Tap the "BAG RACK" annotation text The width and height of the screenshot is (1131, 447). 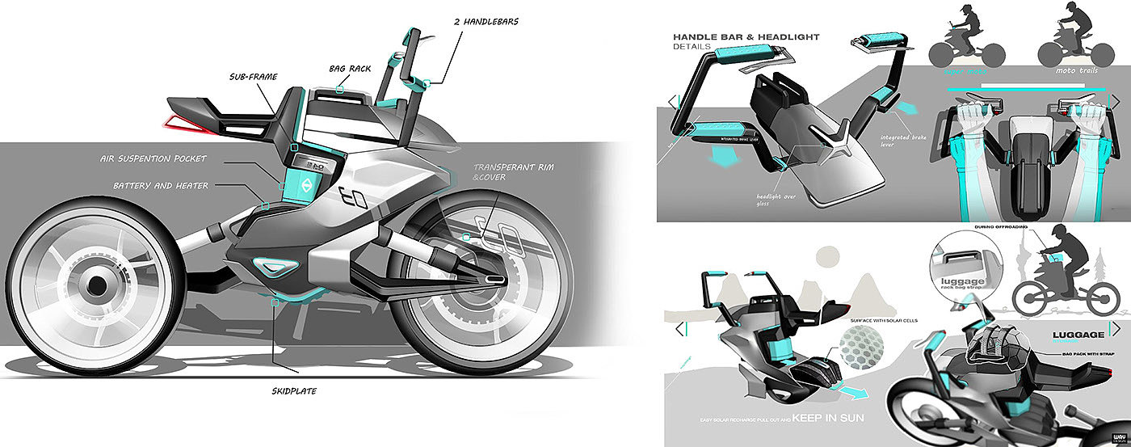tap(350, 69)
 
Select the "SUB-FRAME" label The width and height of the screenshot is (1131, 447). tap(252, 78)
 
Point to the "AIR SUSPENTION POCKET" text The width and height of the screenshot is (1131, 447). tap(153, 158)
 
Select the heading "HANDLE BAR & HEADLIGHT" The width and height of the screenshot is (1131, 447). tap(746, 36)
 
